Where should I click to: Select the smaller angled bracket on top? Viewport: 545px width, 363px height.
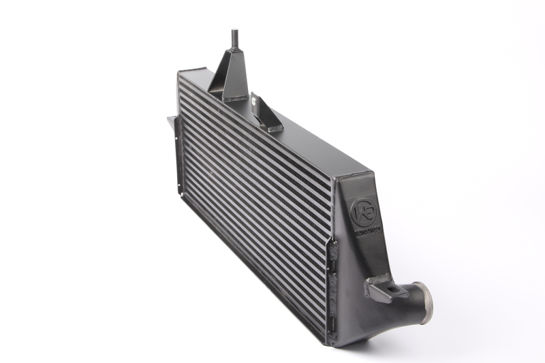[266, 112]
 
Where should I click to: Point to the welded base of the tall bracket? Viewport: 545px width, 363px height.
[230, 95]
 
